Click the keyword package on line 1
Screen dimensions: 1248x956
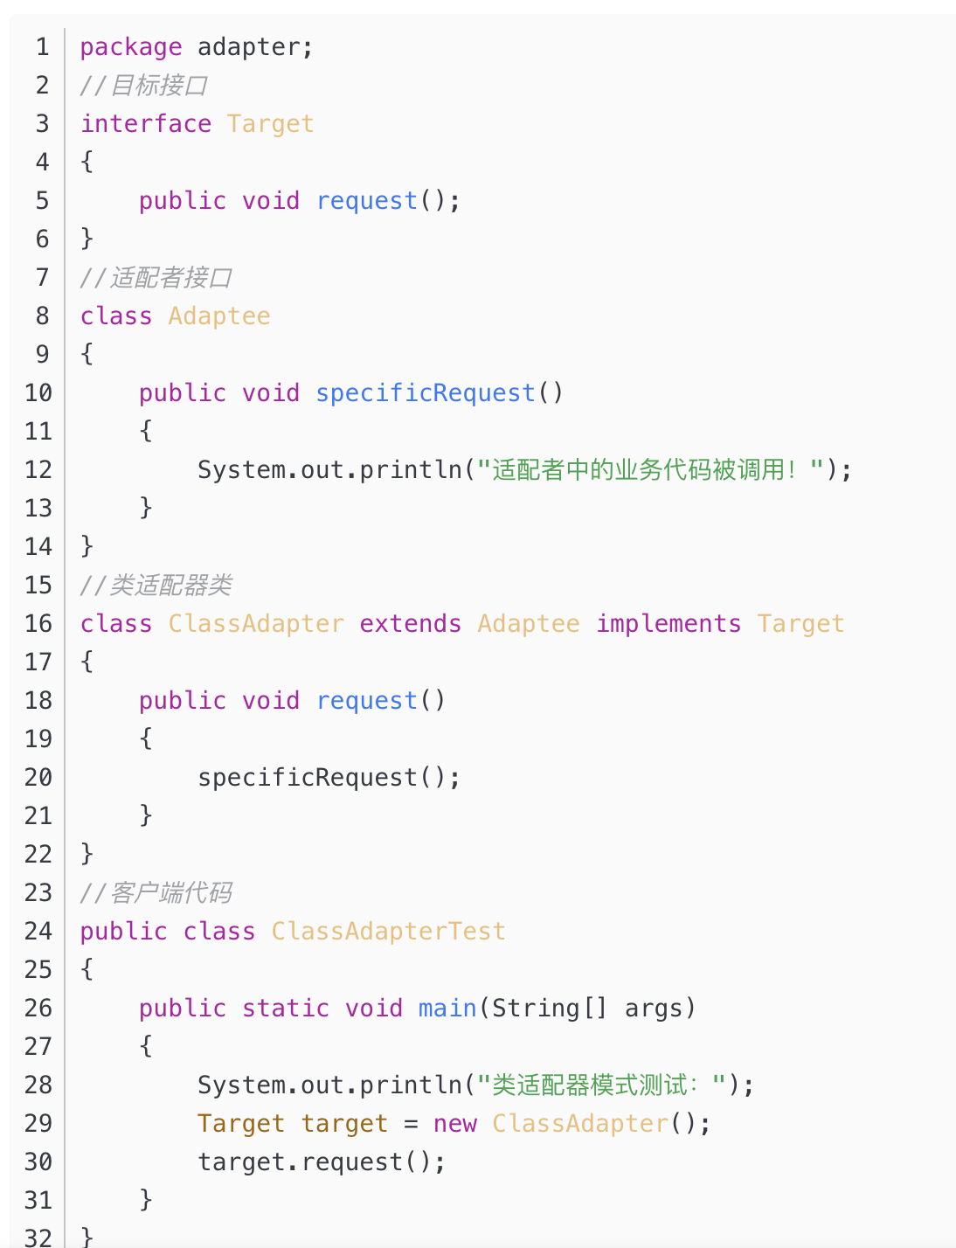pos(131,47)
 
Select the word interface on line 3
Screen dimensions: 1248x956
pos(146,124)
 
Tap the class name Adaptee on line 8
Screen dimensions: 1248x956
pos(219,316)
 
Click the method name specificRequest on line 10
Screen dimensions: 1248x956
pos(426,393)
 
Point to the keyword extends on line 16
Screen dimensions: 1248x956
pos(410,624)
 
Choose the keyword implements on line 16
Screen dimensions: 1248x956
pos(669,624)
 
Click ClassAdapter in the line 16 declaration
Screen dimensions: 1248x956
pos(256,624)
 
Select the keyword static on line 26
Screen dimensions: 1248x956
pos(286,1009)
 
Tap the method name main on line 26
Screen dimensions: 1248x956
pos(447,1009)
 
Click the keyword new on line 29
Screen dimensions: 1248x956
pos(454,1124)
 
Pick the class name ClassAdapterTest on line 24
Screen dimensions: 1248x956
pos(389,932)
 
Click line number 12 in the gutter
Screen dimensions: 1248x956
pos(38,470)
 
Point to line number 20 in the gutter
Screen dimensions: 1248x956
pos(38,778)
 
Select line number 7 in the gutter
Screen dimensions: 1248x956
pos(42,278)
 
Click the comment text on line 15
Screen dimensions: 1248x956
pos(156,586)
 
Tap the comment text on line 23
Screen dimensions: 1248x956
pos(156,893)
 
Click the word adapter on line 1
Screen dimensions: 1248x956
pos(249,47)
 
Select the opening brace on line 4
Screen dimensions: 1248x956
pos(87,163)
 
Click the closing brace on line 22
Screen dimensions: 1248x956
pos(87,855)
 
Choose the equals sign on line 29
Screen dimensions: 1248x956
pos(411,1124)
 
